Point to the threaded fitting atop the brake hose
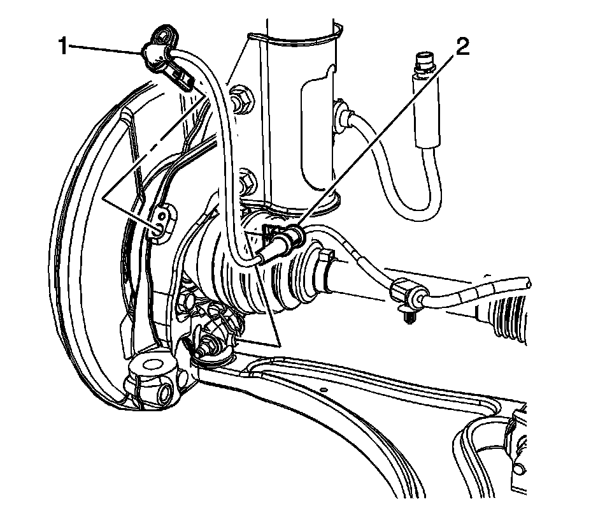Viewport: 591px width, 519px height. point(421,64)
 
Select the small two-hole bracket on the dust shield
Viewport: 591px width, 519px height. point(162,220)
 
